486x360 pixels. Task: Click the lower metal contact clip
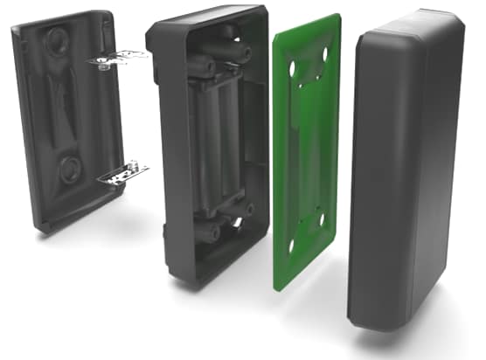(x=122, y=172)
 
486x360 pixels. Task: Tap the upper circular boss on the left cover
(x=59, y=40)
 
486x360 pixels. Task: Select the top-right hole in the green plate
(x=325, y=55)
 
